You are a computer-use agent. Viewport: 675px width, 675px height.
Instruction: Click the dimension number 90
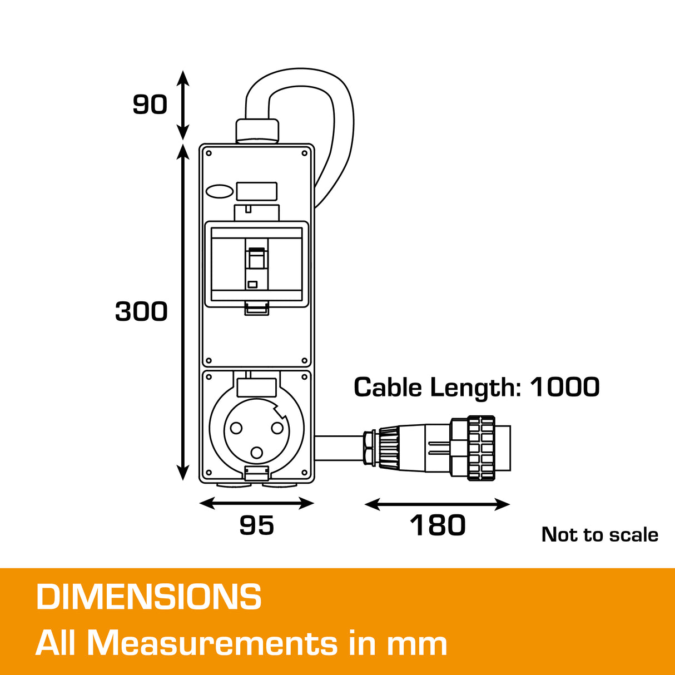click(150, 104)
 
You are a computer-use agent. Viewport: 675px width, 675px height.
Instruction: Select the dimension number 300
click(141, 311)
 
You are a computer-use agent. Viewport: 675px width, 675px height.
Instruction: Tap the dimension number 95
click(256, 525)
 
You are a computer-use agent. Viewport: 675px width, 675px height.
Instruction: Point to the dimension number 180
click(438, 525)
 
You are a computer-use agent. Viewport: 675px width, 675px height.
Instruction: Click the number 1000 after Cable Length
click(564, 388)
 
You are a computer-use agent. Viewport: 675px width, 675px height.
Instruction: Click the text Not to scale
click(599, 535)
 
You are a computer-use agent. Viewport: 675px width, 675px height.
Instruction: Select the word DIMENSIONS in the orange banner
click(148, 597)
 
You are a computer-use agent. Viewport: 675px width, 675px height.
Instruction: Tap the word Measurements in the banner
click(212, 643)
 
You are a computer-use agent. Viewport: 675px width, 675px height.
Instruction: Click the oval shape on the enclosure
click(220, 192)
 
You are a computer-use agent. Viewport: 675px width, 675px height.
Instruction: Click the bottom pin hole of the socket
click(256, 453)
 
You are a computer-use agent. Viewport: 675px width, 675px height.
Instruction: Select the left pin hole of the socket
click(236, 428)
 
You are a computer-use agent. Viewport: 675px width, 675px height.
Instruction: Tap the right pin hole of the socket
click(277, 428)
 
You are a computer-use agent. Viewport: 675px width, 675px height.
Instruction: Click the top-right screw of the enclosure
click(304, 153)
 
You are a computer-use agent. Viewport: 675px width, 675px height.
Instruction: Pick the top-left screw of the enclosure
click(209, 153)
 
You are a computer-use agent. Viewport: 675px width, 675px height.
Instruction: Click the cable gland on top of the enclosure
click(256, 130)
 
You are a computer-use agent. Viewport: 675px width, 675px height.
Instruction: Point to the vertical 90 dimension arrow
click(183, 105)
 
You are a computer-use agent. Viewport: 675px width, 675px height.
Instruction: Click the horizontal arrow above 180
click(437, 504)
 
